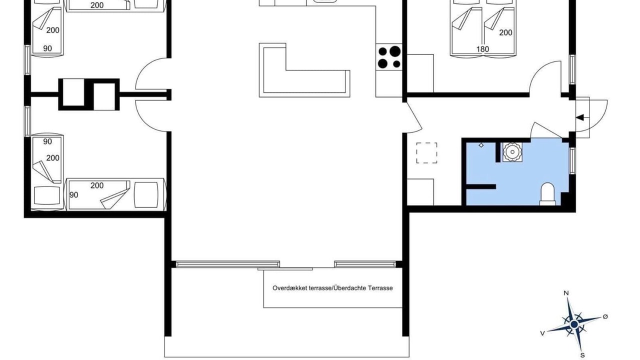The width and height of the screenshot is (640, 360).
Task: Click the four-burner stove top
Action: click(x=389, y=57)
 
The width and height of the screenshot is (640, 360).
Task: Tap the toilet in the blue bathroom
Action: click(x=547, y=194)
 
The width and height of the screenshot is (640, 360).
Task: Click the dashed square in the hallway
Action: click(x=426, y=153)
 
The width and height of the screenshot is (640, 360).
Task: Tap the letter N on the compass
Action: click(x=566, y=293)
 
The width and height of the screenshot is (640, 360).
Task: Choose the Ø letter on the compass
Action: click(x=605, y=316)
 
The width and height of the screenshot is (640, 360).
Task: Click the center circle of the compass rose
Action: click(x=574, y=324)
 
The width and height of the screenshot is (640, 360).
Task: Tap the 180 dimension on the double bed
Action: click(x=482, y=49)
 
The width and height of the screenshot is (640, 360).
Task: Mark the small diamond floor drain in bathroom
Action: click(x=481, y=145)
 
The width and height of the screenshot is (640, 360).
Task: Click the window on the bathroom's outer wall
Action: click(x=572, y=161)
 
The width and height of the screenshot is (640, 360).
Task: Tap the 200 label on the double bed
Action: click(x=505, y=32)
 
